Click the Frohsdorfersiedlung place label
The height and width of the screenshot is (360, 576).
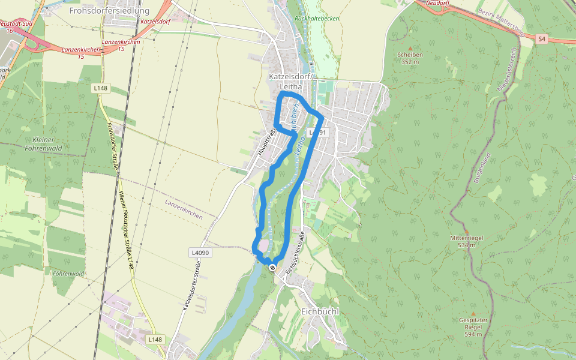pyautogui.click(x=109, y=10)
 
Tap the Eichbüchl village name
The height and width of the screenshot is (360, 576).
pyautogui.click(x=320, y=312)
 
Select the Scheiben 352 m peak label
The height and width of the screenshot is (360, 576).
pyautogui.click(x=410, y=58)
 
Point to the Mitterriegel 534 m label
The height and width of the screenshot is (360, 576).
pyautogui.click(x=467, y=241)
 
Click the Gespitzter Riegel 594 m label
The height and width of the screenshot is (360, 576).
pyautogui.click(x=473, y=327)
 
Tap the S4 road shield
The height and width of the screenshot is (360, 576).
pyautogui.click(x=542, y=39)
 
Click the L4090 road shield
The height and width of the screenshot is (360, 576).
pyautogui.click(x=200, y=253)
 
